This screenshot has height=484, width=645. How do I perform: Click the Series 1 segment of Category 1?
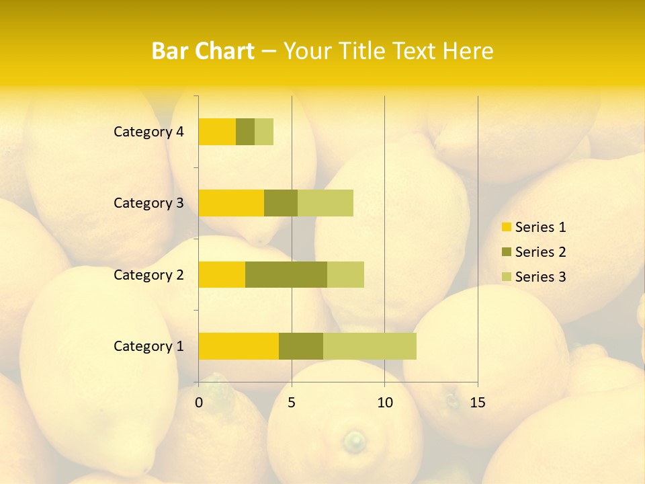pyautogui.click(x=239, y=346)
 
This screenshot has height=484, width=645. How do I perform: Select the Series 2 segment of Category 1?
pyautogui.click(x=301, y=346)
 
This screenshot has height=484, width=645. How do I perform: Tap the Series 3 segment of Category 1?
pyautogui.click(x=370, y=346)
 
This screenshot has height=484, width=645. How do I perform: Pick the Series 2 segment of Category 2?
pyautogui.click(x=286, y=274)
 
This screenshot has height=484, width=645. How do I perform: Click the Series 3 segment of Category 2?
pyautogui.click(x=345, y=274)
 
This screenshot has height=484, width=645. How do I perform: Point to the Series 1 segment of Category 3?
pyautogui.click(x=231, y=203)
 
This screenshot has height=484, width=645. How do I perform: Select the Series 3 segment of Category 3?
pyautogui.click(x=325, y=203)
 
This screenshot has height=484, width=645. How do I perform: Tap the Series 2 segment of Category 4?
pyautogui.click(x=245, y=132)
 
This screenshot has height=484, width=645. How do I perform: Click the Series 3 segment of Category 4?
pyautogui.click(x=264, y=132)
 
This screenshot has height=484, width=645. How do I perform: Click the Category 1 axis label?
pyautogui.click(x=148, y=346)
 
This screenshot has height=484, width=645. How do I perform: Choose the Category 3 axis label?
pyautogui.click(x=148, y=203)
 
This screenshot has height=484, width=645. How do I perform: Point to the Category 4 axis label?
pyautogui.click(x=148, y=132)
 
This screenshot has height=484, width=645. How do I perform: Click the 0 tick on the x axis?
pyautogui.click(x=199, y=403)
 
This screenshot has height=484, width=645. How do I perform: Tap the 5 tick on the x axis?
pyautogui.click(x=292, y=403)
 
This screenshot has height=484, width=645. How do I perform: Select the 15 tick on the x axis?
pyautogui.click(x=477, y=403)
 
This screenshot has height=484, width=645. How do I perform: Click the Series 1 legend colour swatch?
pyautogui.click(x=506, y=227)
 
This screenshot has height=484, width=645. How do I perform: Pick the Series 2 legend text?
pyautogui.click(x=540, y=252)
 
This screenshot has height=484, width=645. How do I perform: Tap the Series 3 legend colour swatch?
pyautogui.click(x=506, y=277)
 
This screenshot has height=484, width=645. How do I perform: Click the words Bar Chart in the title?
pyautogui.click(x=203, y=51)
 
